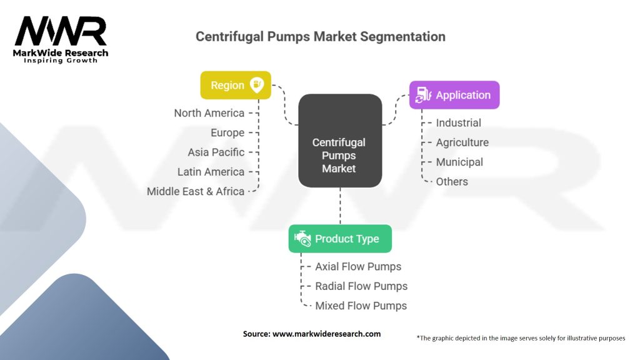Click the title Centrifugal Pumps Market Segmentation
point(320,36)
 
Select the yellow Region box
point(235,85)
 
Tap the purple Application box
point(454,95)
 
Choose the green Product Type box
point(340,239)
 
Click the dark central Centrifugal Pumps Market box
point(339,141)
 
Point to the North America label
point(209,113)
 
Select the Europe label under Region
point(227,132)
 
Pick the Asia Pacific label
point(216,152)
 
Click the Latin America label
point(211,172)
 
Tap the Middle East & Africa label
point(195,191)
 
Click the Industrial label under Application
point(458,123)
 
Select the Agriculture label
point(462,142)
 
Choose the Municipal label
point(459,162)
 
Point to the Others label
point(452,181)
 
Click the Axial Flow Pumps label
point(358,266)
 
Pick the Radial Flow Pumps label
point(361,286)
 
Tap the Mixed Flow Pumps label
point(361,306)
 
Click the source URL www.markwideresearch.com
point(326,334)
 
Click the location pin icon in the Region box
point(257,85)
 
